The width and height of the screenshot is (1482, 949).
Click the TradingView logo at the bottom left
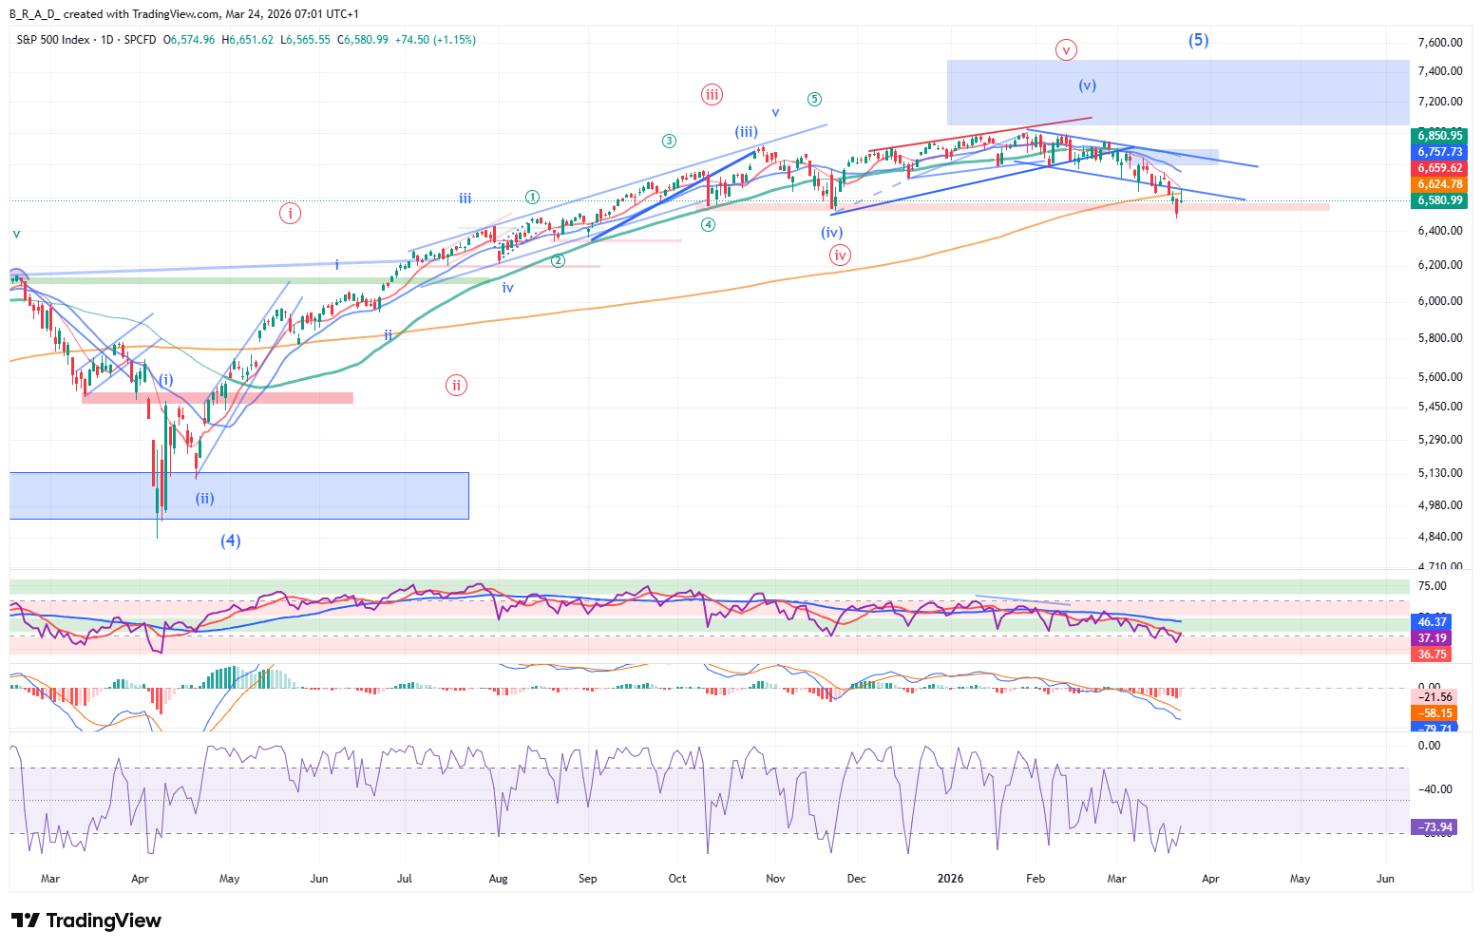click(x=86, y=921)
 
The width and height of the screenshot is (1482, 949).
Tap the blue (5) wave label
click(x=1198, y=40)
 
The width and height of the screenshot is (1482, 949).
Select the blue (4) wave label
click(x=231, y=541)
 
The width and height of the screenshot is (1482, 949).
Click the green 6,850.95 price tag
click(x=1440, y=136)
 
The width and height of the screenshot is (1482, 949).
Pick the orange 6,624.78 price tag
click(x=1440, y=184)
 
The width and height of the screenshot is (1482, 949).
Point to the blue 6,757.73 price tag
click(x=1440, y=152)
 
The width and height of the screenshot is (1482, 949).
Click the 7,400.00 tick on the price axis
click(x=1439, y=71)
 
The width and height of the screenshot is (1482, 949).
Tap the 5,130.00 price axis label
click(x=1439, y=473)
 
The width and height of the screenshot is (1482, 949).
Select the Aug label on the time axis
click(x=498, y=879)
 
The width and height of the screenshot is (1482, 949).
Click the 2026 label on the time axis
click(x=950, y=879)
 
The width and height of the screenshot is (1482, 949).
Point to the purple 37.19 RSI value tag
click(x=1433, y=638)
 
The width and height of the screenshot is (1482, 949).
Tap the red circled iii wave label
click(x=712, y=94)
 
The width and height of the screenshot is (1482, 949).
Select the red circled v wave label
click(x=1066, y=49)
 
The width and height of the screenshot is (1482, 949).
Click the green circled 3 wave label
click(x=670, y=141)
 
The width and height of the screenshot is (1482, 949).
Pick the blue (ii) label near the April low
click(x=205, y=498)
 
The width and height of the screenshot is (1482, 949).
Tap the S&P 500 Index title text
click(x=53, y=40)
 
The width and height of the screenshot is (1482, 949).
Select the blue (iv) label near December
click(x=832, y=233)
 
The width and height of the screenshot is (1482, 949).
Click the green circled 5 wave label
click(x=814, y=99)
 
